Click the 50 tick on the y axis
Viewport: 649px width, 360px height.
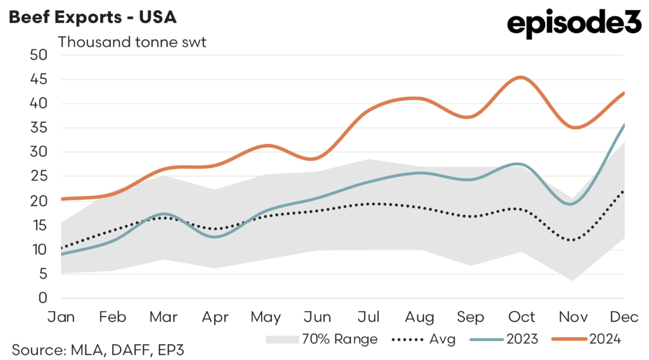click(39, 55)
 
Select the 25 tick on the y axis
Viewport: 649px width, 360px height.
click(39, 176)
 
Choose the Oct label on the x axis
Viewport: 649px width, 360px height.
click(523, 317)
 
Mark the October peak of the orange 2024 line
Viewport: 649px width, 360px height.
click(520, 77)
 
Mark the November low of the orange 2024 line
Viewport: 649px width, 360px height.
click(574, 127)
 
